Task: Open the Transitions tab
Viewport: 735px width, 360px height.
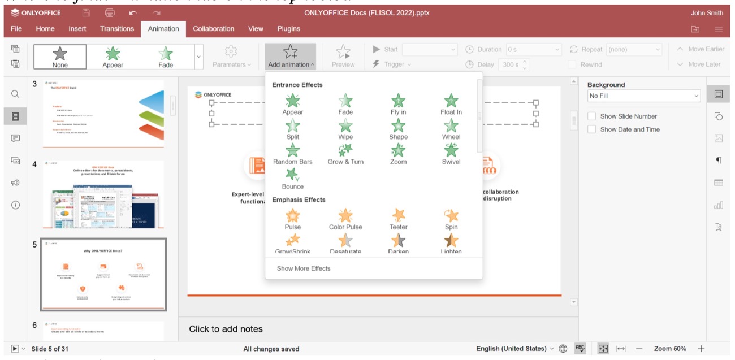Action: pos(117,29)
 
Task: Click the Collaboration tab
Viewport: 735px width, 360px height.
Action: pos(213,29)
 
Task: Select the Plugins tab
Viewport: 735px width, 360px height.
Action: pos(288,29)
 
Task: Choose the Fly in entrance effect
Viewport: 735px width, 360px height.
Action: pos(398,102)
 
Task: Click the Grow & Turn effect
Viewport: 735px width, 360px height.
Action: pos(345,151)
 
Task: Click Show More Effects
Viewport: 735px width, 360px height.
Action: pos(304,268)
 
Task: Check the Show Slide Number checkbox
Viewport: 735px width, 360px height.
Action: pos(592,116)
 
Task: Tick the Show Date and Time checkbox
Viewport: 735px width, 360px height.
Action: pos(592,129)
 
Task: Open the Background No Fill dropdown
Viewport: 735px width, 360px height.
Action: pos(644,96)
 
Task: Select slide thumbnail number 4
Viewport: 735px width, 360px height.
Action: pos(103,194)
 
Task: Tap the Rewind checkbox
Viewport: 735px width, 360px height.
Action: pos(572,64)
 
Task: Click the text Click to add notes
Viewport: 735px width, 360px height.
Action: pos(226,329)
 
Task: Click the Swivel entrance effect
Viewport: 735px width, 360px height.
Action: pos(451,151)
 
